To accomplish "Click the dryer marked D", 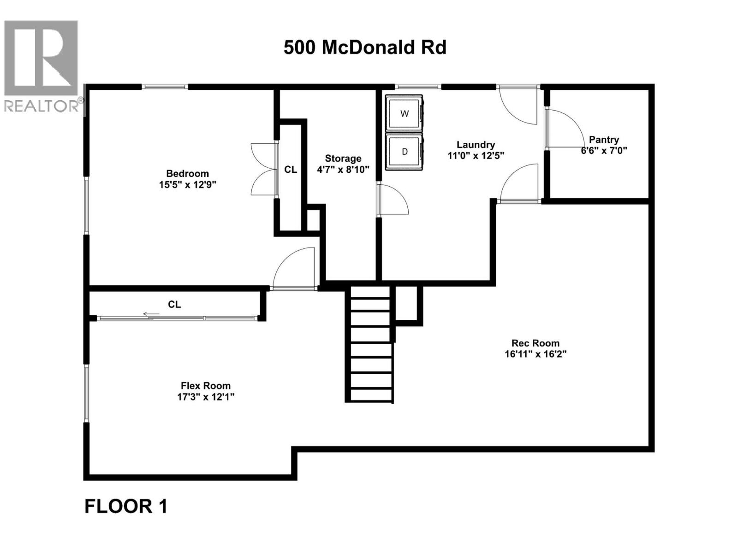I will [405, 152].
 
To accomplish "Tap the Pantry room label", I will [604, 140].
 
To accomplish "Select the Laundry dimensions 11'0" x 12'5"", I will [476, 156].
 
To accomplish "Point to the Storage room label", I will [343, 159].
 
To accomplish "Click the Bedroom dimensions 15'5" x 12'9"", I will [187, 185].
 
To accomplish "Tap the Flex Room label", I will [205, 386].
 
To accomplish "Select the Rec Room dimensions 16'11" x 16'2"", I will [535, 354].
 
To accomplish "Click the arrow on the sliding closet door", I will [151, 314].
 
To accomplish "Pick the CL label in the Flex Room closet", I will [174, 304].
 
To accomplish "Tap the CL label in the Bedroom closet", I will [291, 170].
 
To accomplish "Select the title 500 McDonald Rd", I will [365, 47].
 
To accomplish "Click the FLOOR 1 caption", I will [125, 506].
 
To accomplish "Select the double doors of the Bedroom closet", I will [263, 170].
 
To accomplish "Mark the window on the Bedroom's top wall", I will [165, 87].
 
